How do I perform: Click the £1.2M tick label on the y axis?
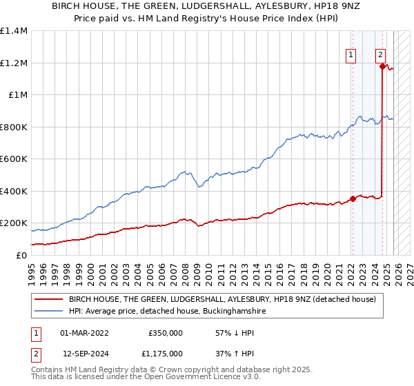tap(14, 63)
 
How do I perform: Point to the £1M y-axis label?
tap(17, 95)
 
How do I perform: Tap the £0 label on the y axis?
tap(21, 255)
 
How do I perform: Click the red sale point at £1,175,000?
tap(382, 67)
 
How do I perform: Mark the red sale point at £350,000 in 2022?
tap(353, 199)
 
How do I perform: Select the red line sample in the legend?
tap(49, 299)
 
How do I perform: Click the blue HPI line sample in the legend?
tap(49, 312)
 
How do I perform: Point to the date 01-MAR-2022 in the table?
tap(84, 332)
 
